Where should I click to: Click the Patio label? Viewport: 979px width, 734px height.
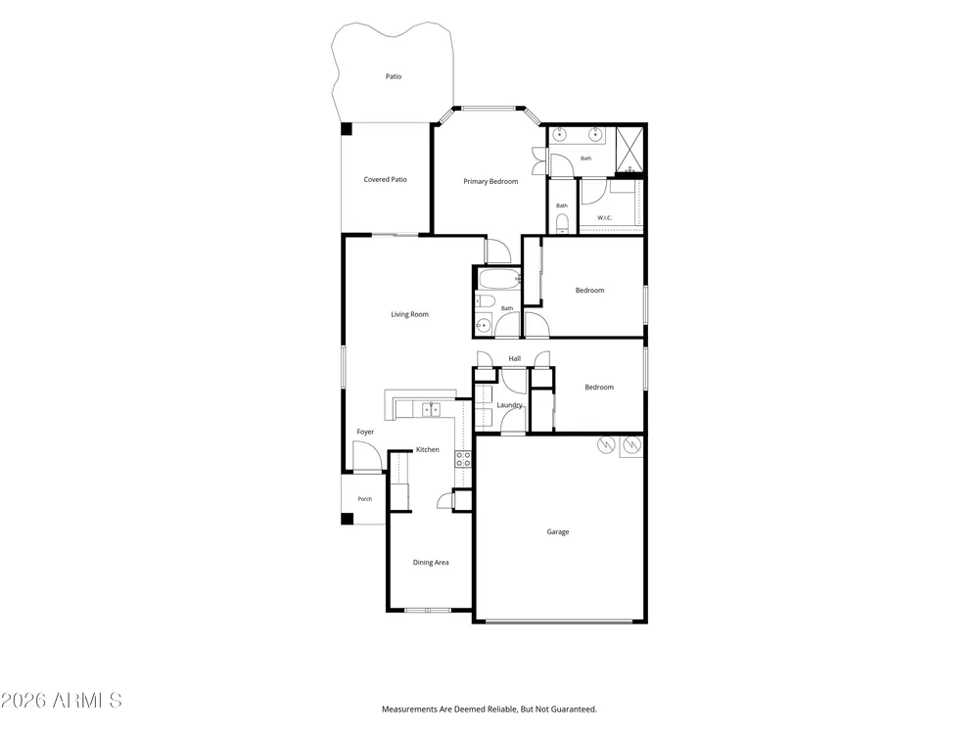click(x=394, y=76)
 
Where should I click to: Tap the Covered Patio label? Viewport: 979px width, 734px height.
click(x=385, y=179)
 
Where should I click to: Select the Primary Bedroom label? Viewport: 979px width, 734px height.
click(x=490, y=182)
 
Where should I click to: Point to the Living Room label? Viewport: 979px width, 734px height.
click(x=409, y=314)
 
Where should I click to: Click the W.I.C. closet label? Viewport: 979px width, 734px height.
click(x=604, y=218)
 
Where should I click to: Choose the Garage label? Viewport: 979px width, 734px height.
click(x=558, y=531)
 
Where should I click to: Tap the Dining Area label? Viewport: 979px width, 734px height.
click(x=431, y=563)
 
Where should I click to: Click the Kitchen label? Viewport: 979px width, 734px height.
click(x=428, y=449)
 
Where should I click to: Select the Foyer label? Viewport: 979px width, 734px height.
click(x=365, y=432)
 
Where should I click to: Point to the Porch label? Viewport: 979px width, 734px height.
click(x=364, y=499)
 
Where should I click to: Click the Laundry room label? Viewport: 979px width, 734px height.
click(x=509, y=405)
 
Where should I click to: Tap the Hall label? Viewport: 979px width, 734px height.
click(x=515, y=358)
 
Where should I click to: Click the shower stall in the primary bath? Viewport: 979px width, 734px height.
click(x=629, y=150)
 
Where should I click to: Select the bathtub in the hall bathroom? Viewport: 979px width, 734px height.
click(x=499, y=279)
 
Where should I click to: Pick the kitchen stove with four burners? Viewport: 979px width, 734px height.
click(x=463, y=459)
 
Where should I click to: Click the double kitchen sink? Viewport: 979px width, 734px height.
click(x=431, y=409)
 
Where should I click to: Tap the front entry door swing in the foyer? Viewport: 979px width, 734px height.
click(x=366, y=456)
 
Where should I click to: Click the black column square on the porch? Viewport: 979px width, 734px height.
click(x=347, y=519)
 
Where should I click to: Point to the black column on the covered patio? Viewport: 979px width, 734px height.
click(x=347, y=128)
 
